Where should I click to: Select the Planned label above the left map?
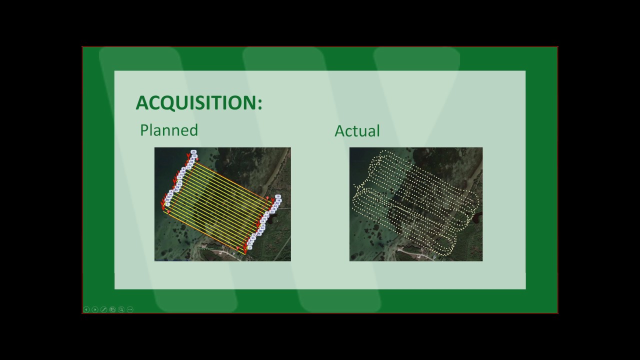click(x=169, y=130)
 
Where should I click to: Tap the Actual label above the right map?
click(x=357, y=131)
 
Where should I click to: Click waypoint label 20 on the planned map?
click(x=193, y=151)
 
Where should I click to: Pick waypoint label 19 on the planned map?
click(x=278, y=196)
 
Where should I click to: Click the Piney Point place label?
click(x=205, y=248)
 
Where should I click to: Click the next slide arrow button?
click(x=95, y=309)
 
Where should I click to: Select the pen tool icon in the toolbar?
click(x=103, y=309)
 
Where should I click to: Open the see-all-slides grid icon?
click(x=112, y=309)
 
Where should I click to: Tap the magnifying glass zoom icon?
click(x=121, y=309)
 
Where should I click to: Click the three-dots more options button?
click(x=130, y=309)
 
